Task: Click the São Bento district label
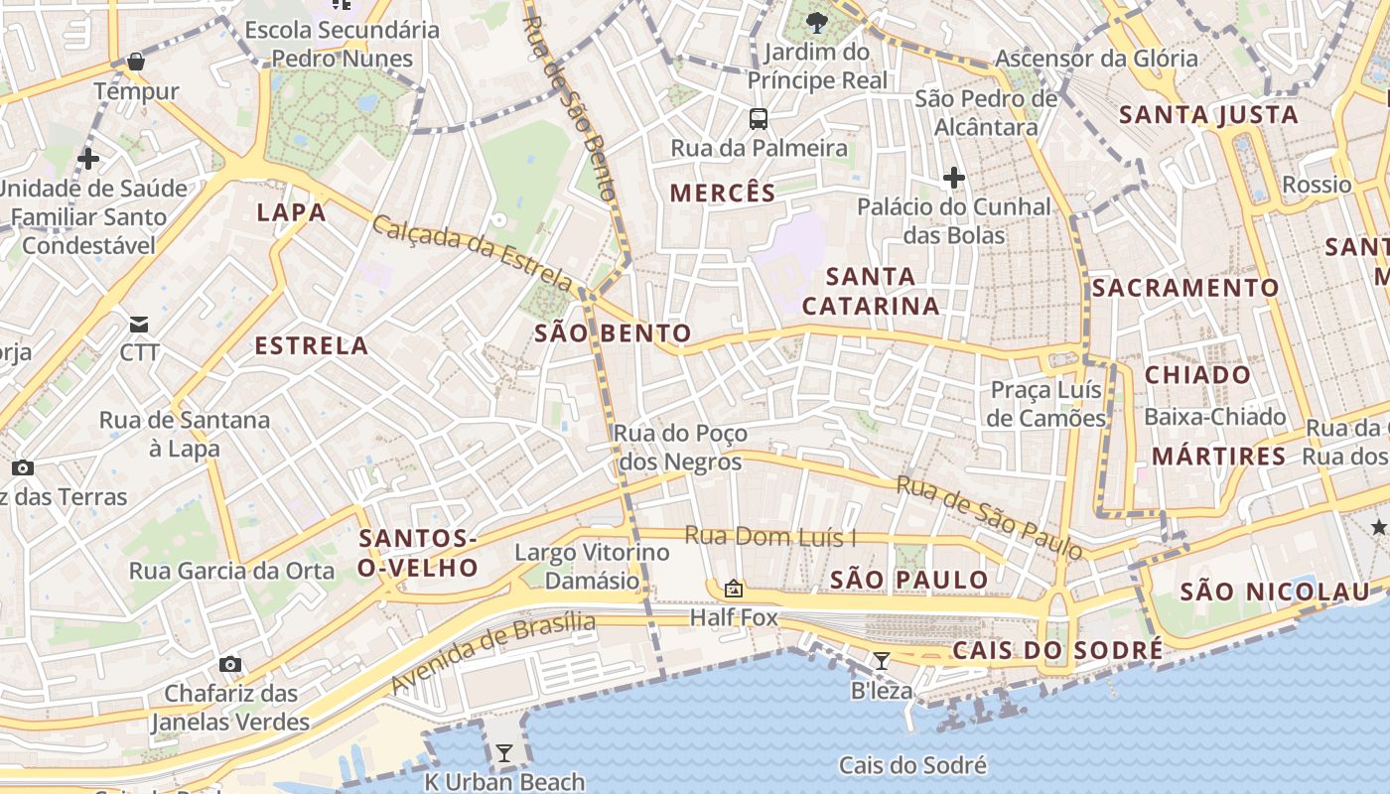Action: click(613, 333)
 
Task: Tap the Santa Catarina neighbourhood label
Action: click(871, 291)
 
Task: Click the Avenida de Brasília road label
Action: click(492, 652)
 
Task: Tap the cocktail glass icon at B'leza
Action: click(882, 661)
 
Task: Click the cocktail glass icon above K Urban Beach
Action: click(504, 753)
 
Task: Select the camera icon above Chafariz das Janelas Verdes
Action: click(230, 664)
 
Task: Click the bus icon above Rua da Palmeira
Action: click(759, 119)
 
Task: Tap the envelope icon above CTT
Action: click(139, 324)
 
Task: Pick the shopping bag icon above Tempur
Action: click(136, 63)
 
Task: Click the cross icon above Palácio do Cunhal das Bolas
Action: click(954, 178)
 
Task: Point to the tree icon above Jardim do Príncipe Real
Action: click(817, 22)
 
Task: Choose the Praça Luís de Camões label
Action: click(1046, 403)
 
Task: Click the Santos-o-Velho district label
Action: click(418, 553)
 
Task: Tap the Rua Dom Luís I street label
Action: click(770, 537)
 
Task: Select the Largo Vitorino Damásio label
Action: click(592, 566)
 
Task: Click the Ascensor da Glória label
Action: click(1096, 59)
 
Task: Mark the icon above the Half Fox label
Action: click(734, 589)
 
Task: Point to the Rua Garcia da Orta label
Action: click(232, 571)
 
